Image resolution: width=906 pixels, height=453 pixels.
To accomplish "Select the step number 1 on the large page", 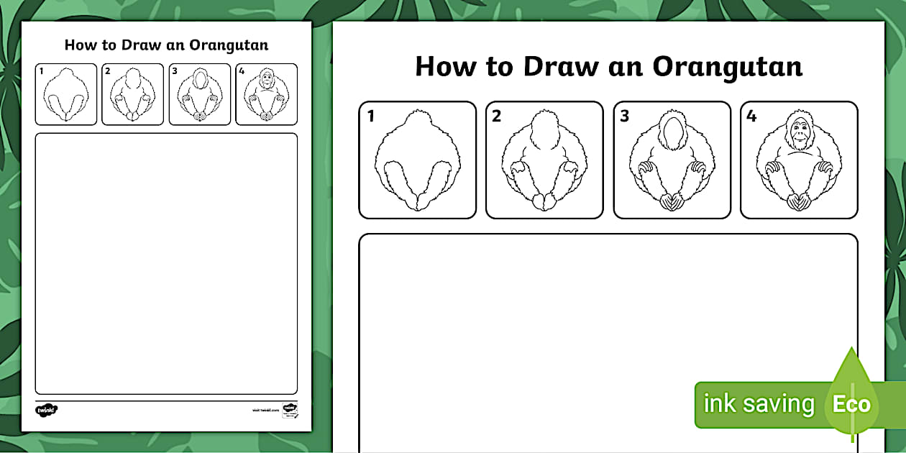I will pyautogui.click(x=371, y=116).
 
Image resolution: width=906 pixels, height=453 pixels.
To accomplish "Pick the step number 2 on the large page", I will pyautogui.click(x=497, y=116).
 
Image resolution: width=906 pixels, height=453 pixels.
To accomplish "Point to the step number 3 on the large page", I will pyautogui.click(x=624, y=116).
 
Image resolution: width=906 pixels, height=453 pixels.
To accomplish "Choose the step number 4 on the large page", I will pyautogui.click(x=751, y=116).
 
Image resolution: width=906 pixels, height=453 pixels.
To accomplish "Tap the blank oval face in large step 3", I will pyautogui.click(x=672, y=132).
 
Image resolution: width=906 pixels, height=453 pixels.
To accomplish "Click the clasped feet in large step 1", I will pyautogui.click(x=418, y=201).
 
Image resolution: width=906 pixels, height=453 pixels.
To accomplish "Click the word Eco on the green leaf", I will pyautogui.click(x=851, y=404).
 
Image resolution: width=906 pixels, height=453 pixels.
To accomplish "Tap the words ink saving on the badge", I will pyautogui.click(x=758, y=404).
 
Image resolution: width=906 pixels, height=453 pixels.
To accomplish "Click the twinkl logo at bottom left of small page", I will pyautogui.click(x=46, y=410).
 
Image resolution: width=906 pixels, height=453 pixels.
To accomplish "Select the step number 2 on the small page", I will pyautogui.click(x=107, y=70).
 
